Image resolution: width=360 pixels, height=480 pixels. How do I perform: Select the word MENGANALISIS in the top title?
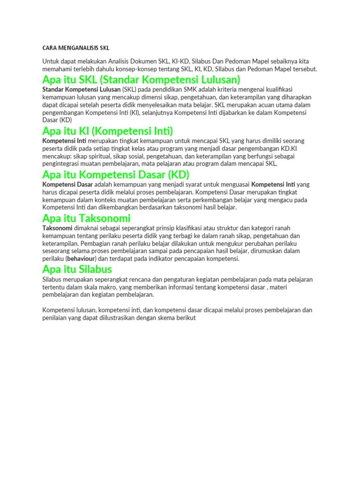(x=78, y=48)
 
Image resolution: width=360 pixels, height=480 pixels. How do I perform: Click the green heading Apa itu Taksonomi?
(x=86, y=218)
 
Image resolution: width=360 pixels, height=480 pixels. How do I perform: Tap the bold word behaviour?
(x=81, y=258)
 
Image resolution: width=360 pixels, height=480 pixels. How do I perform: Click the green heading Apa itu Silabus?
(x=77, y=269)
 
